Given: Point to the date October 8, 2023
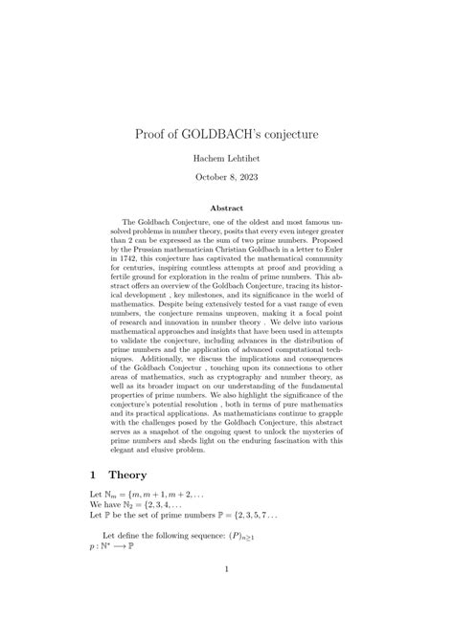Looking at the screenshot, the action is point(227,177).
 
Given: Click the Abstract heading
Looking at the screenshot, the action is point(227,208).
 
